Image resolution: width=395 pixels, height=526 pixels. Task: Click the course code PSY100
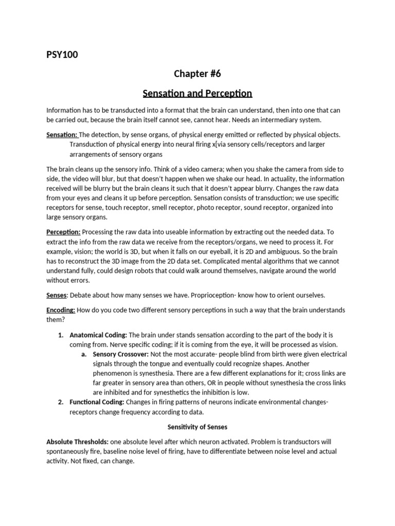point(62,54)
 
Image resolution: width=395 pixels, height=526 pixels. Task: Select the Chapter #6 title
point(197,73)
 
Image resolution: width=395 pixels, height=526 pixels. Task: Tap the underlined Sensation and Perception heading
point(197,93)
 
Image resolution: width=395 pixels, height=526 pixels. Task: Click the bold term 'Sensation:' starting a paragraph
point(62,135)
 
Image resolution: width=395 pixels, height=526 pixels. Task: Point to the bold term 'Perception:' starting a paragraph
point(63,232)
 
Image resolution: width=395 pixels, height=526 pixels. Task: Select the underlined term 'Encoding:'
point(61,310)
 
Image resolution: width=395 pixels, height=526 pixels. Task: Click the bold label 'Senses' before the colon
point(57,295)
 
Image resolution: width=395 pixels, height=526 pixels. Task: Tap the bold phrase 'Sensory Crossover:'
point(121,354)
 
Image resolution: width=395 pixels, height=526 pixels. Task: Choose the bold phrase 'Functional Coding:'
point(96,402)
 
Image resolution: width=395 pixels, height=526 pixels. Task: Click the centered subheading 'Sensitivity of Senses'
point(197,426)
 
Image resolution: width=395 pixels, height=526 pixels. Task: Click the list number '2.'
point(61,402)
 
